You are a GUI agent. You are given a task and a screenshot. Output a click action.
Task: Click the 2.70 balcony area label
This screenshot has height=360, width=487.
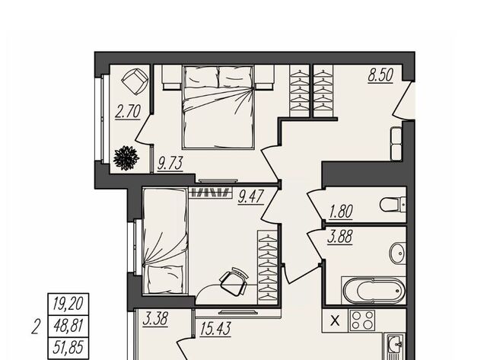[128, 112]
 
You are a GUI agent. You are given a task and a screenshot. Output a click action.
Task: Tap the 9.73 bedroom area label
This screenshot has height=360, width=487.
[170, 164]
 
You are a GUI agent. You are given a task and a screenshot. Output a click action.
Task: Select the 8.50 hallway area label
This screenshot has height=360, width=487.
[380, 75]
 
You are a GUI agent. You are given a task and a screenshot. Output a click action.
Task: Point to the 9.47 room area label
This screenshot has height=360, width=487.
[251, 197]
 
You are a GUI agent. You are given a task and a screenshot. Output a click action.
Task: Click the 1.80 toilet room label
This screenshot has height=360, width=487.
[341, 212]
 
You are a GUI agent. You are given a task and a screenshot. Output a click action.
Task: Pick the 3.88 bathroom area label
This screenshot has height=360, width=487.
[340, 237]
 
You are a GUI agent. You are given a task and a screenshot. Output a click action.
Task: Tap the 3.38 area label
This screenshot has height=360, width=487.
[155, 319]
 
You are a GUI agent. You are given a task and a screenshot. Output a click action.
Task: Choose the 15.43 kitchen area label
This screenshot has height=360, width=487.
[215, 329]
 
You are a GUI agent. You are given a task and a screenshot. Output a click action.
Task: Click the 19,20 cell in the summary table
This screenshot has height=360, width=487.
[68, 304]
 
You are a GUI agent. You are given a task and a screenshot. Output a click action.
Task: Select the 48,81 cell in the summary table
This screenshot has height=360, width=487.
[68, 326]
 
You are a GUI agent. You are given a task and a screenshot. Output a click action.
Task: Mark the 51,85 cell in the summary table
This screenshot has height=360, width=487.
[68, 347]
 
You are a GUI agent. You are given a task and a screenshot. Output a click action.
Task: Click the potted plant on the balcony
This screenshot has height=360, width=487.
[126, 158]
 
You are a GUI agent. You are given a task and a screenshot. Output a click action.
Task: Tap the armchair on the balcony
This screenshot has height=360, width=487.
[135, 81]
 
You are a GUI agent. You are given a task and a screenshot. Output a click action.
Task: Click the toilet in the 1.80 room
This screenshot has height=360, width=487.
[393, 205]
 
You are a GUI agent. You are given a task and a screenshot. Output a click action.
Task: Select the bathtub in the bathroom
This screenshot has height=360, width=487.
[374, 291]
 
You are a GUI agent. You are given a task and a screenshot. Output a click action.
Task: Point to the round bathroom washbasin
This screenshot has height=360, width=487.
[398, 253]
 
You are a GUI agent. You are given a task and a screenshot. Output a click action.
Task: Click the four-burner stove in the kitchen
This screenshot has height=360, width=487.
[362, 320]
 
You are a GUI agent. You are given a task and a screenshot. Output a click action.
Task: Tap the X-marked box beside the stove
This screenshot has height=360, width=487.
[335, 320]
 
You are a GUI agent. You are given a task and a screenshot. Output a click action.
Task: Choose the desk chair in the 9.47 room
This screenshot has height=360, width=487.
[234, 282]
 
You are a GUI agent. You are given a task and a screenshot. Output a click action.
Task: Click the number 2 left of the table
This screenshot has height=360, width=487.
[36, 327]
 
